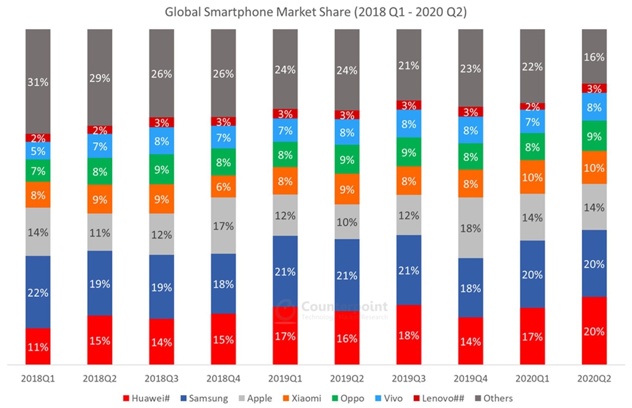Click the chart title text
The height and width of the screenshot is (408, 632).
315,12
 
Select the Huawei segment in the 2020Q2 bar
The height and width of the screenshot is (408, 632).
594,330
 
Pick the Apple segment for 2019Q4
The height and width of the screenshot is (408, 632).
470,228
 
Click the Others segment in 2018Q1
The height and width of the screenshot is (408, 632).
38,82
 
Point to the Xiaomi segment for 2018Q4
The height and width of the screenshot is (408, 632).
223,186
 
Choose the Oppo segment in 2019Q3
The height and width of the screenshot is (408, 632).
409,152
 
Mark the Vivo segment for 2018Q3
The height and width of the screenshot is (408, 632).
161,141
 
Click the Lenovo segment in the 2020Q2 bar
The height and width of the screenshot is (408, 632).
594,88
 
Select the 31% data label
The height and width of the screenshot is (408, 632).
38,82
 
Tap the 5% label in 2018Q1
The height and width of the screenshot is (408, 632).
38,151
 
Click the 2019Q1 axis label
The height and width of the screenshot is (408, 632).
285,378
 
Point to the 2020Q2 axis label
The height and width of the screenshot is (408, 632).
594,378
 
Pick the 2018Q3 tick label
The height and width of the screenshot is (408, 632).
161,378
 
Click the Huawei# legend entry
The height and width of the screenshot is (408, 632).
147,398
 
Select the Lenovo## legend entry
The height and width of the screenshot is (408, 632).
439,398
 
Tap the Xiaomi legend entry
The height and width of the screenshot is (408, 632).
302,398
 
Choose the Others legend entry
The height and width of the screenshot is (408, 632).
494,398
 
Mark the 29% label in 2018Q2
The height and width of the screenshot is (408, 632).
99,78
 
